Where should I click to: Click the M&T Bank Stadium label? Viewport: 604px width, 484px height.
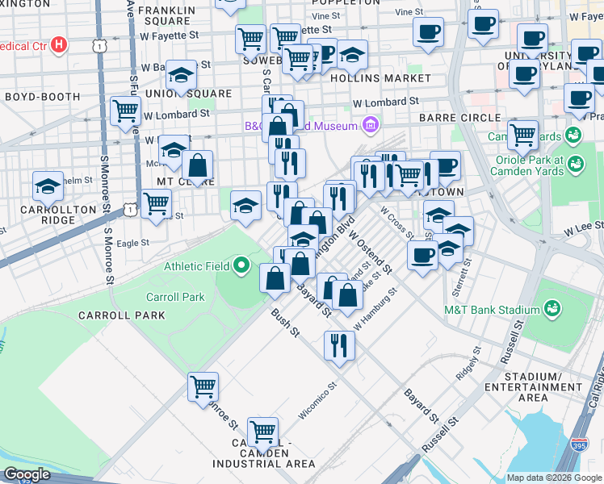[x=491, y=310]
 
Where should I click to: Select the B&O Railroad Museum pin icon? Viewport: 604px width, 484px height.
[x=370, y=126]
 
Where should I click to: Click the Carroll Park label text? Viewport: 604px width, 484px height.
[x=175, y=297]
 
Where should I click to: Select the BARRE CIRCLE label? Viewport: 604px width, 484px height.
[x=459, y=118]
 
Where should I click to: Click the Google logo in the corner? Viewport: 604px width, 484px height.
[x=27, y=474]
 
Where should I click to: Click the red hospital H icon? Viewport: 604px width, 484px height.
[x=58, y=45]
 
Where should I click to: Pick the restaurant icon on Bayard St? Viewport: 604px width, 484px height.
[x=339, y=344]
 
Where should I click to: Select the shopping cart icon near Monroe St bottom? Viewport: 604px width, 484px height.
[x=203, y=386]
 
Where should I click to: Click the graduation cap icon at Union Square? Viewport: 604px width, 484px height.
[x=182, y=75]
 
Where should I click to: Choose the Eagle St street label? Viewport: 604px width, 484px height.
[x=133, y=242]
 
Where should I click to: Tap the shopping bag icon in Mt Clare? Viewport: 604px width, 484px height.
[x=197, y=166]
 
